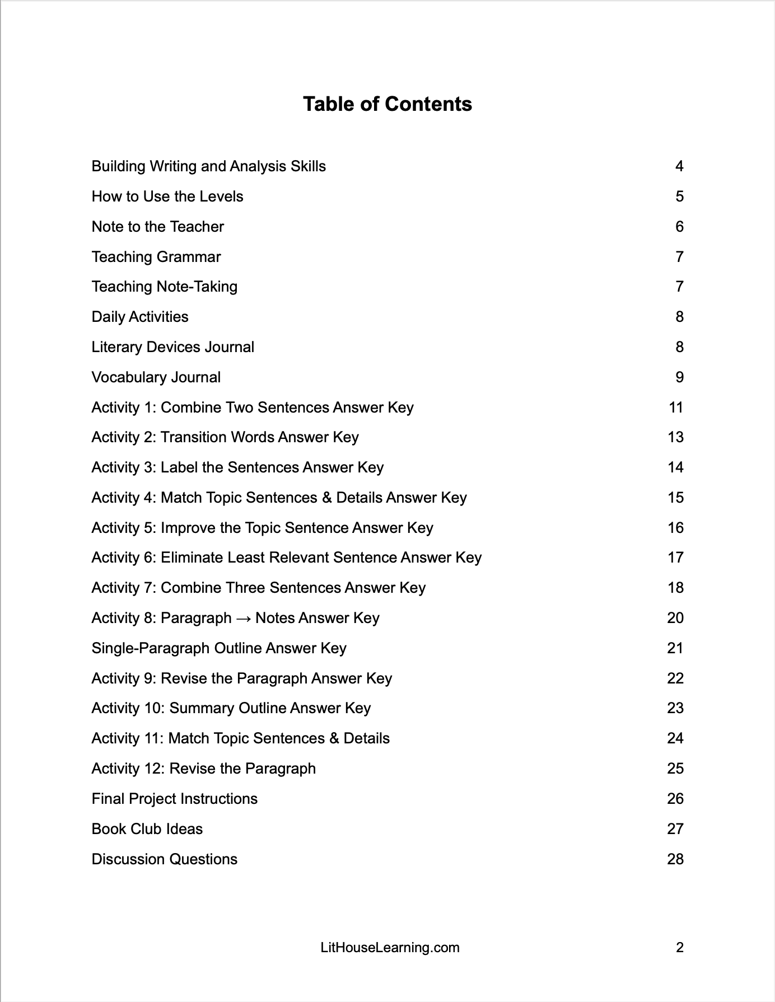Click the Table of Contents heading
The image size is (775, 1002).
coord(387,104)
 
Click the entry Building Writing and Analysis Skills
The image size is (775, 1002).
coord(208,166)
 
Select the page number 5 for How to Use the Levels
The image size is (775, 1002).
coord(679,196)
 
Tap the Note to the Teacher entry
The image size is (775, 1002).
coord(157,227)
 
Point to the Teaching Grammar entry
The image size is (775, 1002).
coord(156,257)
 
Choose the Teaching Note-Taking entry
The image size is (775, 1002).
coord(164,287)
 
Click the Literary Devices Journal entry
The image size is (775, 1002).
coord(172,347)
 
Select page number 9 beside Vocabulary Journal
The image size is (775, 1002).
coord(679,377)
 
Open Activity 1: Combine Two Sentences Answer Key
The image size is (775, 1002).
coord(252,408)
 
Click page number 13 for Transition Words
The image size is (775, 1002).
coord(675,437)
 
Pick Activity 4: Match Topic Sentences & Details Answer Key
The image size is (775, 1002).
coord(279,498)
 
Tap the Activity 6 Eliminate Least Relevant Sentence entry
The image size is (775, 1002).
coord(286,558)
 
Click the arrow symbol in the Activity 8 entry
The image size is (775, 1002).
coord(243,619)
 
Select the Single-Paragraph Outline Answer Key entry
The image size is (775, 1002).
coord(218,648)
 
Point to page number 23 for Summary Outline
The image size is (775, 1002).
coord(675,708)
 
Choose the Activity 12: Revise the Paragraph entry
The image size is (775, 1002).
coord(203,769)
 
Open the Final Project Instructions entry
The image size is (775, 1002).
coord(174,799)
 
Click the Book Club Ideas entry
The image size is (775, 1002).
coord(147,829)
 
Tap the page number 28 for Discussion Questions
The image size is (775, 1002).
coord(675,859)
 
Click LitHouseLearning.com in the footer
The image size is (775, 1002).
coord(390,948)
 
